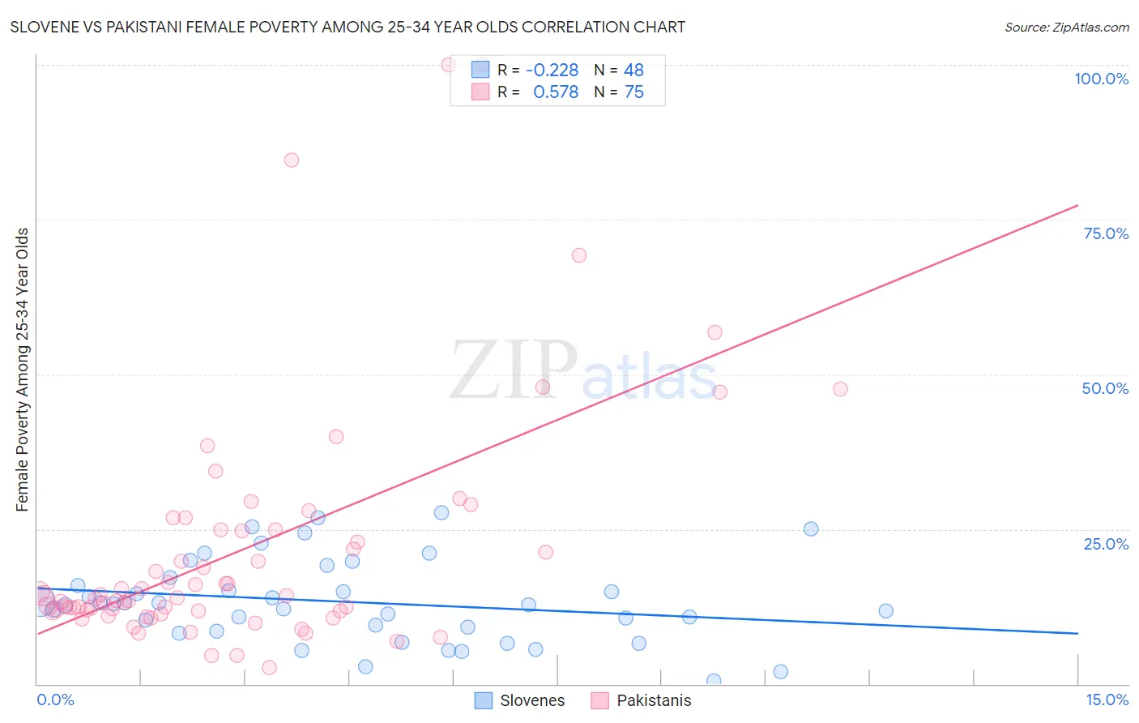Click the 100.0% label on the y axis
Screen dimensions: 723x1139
click(x=1101, y=79)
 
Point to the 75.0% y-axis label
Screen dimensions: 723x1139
click(x=1106, y=233)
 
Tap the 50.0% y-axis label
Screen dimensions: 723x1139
click(x=1105, y=388)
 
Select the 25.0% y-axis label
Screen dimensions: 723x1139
click(x=1106, y=544)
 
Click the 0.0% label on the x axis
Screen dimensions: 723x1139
click(x=55, y=699)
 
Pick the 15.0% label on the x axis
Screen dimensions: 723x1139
click(x=1107, y=699)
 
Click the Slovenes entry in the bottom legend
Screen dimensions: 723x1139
click(x=531, y=700)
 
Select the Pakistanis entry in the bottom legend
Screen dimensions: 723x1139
click(x=654, y=700)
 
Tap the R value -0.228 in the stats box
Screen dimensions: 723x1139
click(x=552, y=71)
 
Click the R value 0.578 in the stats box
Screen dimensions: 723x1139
click(x=555, y=92)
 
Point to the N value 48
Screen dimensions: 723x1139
click(x=633, y=71)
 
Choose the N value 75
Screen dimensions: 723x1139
click(x=633, y=92)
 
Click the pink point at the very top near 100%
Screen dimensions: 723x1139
click(x=448, y=65)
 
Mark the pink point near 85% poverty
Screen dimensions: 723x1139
click(x=292, y=160)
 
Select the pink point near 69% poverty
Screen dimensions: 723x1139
click(x=579, y=255)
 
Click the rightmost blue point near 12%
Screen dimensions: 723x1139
click(x=886, y=611)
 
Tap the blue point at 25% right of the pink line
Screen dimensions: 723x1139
click(x=811, y=529)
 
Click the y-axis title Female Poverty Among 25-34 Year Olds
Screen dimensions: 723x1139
click(x=23, y=370)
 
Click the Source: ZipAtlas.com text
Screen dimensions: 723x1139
click(x=1066, y=28)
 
